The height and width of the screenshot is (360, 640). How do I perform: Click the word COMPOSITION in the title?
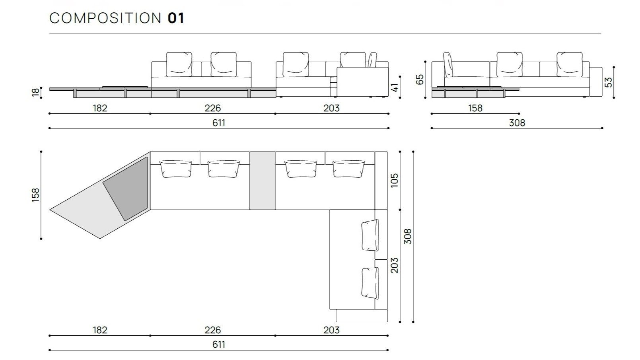click(x=105, y=18)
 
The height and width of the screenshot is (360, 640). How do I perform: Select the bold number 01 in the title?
click(x=176, y=18)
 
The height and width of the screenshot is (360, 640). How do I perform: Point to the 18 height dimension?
click(x=36, y=92)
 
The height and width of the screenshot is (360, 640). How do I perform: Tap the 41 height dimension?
click(x=395, y=87)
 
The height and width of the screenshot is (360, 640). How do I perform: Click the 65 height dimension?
click(x=420, y=79)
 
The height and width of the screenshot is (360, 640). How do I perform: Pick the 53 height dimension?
click(x=608, y=82)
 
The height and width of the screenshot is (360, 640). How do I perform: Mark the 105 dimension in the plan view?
click(x=394, y=181)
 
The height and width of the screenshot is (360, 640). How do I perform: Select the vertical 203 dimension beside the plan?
click(x=394, y=265)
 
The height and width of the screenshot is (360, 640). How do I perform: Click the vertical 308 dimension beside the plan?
click(x=407, y=236)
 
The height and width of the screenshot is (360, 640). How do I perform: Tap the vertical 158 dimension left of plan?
click(x=36, y=195)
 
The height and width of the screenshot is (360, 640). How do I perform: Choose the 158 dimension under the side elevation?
click(x=475, y=108)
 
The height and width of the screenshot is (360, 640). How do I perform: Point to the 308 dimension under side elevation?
click(x=517, y=123)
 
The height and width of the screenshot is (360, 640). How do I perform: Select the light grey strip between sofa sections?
click(x=262, y=180)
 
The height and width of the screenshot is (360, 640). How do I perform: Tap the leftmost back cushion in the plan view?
click(x=175, y=168)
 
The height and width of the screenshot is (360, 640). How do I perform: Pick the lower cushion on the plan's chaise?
click(x=370, y=283)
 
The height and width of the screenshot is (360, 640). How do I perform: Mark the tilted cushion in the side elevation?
click(x=448, y=64)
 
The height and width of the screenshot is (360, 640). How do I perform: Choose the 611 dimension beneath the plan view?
click(x=218, y=344)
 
